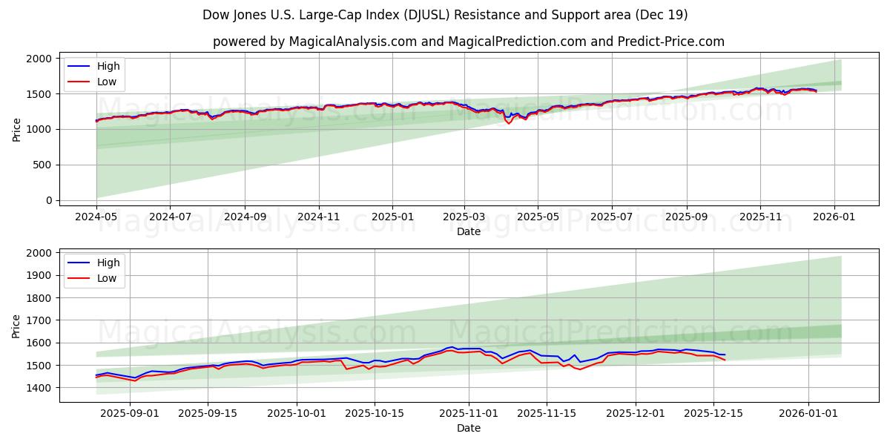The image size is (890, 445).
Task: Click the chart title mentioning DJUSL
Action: [445, 15]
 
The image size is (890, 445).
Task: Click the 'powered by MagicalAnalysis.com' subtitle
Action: [468, 42]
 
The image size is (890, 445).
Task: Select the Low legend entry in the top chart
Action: [107, 82]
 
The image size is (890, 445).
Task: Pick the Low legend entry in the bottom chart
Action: [107, 278]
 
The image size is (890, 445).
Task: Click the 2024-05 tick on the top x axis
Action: [96, 217]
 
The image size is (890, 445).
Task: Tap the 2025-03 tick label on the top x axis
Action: [464, 217]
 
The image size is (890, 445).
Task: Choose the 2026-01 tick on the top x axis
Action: [834, 217]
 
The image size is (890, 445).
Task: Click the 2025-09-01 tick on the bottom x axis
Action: [130, 413]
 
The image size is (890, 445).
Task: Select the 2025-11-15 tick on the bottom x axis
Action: [546, 413]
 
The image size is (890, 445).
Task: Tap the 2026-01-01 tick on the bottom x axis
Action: [807, 413]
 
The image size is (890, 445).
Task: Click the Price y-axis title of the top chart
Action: [17, 129]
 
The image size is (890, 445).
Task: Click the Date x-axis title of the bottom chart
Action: [468, 428]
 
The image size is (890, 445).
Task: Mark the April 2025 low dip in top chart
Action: [509, 123]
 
